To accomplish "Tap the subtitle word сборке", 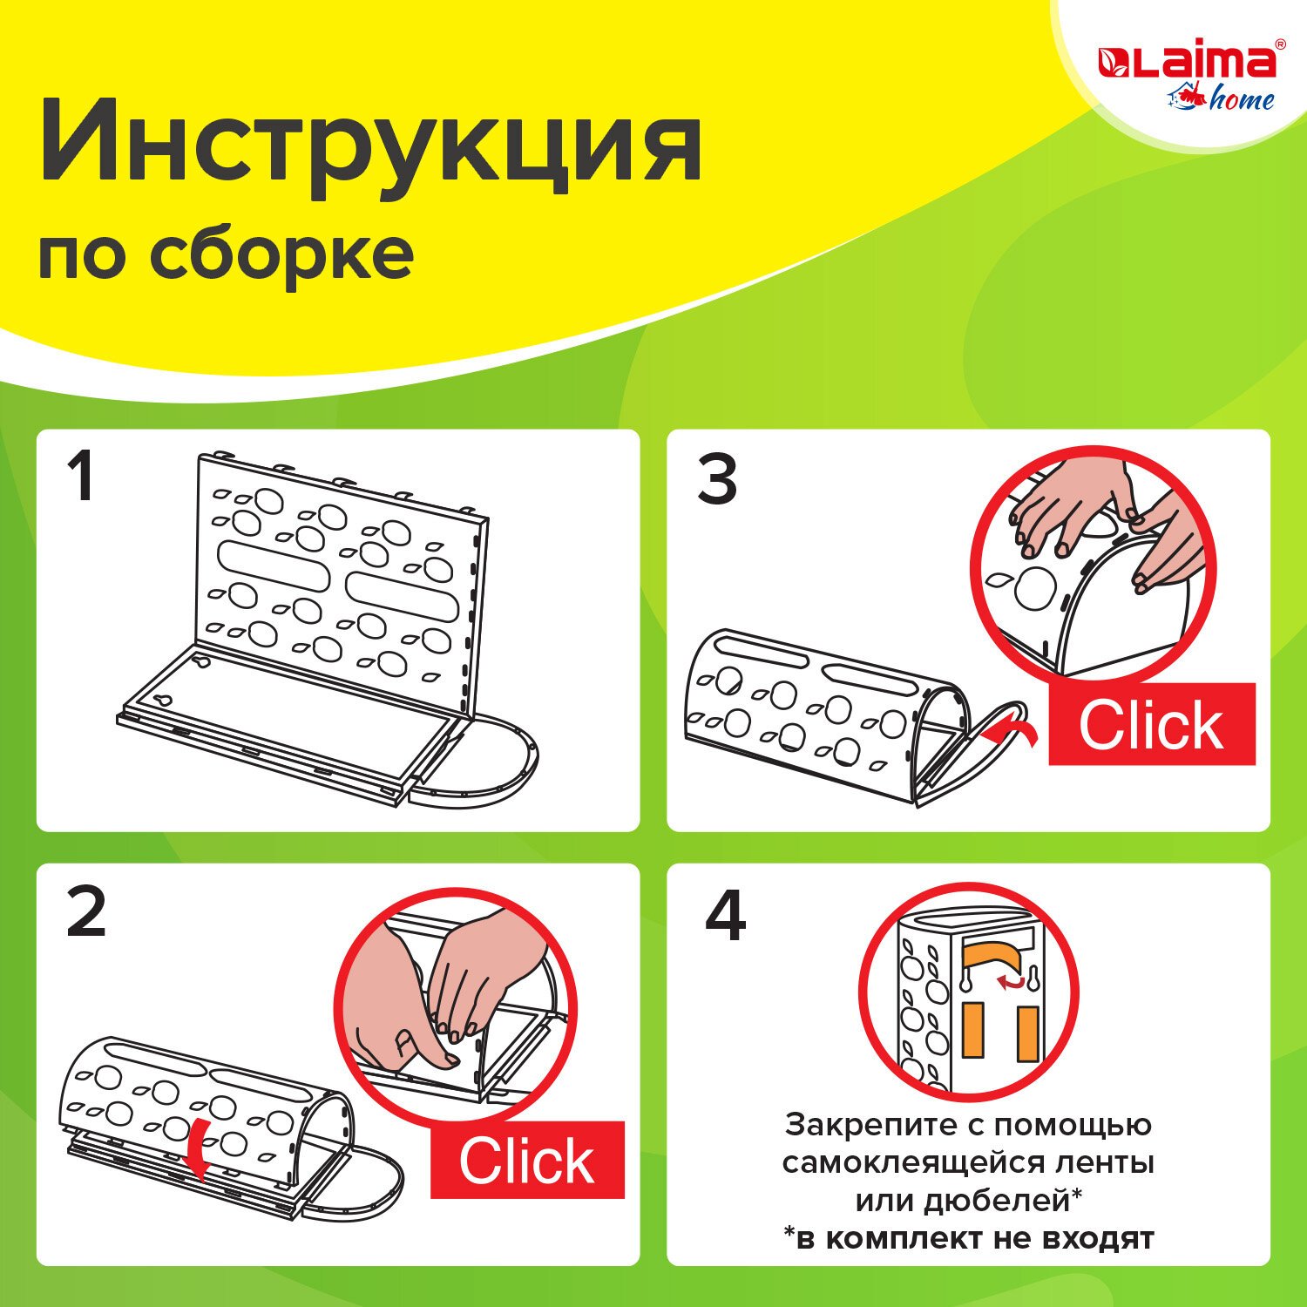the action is pyautogui.click(x=281, y=255).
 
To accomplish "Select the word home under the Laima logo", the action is pyautogui.click(x=1241, y=99).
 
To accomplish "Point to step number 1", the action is pyautogui.click(x=82, y=477).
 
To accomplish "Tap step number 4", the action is pyautogui.click(x=725, y=917).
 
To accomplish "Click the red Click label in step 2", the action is pyautogui.click(x=527, y=1161).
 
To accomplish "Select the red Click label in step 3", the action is pyautogui.click(x=1152, y=725).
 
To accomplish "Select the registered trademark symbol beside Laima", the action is pyautogui.click(x=1280, y=44).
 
